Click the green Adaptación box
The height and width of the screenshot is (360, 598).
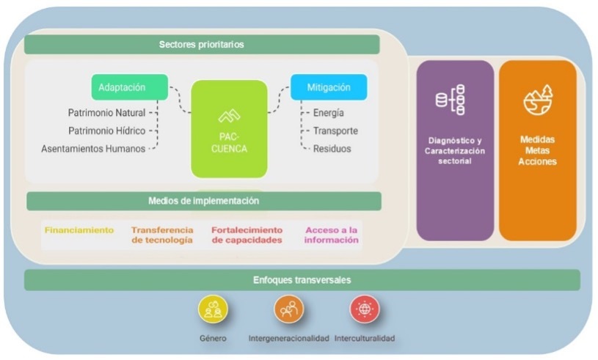(129, 87)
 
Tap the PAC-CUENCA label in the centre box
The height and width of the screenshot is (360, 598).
(228, 142)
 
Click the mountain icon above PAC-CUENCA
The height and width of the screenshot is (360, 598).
(229, 116)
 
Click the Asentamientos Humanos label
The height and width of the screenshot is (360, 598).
(93, 149)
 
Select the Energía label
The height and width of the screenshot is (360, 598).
(328, 113)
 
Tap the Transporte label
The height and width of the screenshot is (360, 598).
(335, 131)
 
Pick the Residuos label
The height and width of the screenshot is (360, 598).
(332, 149)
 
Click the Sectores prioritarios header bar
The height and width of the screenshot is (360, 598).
(202, 45)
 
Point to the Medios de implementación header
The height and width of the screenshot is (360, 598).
(204, 201)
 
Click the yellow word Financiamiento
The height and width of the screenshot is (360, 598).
(79, 230)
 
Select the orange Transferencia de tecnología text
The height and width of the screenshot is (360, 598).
(162, 235)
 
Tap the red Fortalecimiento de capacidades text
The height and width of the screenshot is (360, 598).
(247, 235)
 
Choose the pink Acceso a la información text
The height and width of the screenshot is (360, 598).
(332, 235)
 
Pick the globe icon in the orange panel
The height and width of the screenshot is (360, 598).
(538, 101)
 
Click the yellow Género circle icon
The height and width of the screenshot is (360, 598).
(214, 310)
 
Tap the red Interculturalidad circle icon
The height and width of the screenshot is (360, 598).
(365, 310)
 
